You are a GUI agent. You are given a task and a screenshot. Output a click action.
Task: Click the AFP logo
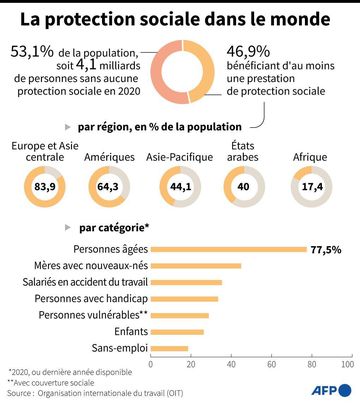point(331,390)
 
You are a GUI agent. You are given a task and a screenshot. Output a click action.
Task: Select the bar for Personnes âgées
point(229,249)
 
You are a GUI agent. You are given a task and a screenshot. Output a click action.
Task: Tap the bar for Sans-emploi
point(169,349)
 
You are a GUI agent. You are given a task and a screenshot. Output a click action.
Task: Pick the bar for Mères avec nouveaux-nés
point(196,266)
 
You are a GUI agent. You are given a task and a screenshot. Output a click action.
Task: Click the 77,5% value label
point(326,250)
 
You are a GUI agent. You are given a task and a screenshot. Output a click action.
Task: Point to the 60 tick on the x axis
point(271,364)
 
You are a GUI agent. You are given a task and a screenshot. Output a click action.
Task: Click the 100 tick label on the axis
point(347,364)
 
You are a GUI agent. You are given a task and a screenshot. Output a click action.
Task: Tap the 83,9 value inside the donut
point(45,186)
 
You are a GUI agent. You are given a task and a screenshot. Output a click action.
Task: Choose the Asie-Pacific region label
point(179,157)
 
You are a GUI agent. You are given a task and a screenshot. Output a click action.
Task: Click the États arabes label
point(243,151)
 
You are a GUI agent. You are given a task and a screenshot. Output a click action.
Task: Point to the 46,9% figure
point(248,52)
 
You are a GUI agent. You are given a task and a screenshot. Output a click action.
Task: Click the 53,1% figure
point(32,51)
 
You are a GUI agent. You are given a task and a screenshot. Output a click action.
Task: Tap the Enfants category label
point(131,331)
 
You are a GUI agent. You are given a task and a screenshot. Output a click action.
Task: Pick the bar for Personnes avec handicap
point(184,299)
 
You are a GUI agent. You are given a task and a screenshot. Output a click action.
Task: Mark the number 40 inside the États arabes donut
point(243,186)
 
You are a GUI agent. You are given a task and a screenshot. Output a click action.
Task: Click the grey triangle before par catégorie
point(68,227)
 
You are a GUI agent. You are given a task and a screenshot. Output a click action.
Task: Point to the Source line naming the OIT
point(95,393)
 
